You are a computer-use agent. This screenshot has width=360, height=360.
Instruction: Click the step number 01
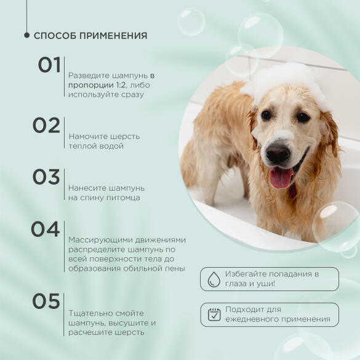coord(49,65)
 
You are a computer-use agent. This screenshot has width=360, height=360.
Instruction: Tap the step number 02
coord(46,126)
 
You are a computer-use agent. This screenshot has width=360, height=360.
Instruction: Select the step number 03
coord(46,177)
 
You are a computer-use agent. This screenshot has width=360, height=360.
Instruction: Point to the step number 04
coord(46,230)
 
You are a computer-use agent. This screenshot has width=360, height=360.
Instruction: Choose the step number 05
coord(46,302)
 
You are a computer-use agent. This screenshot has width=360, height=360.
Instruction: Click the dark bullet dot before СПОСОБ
coord(26,36)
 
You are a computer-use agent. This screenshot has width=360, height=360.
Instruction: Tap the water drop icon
coord(214,279)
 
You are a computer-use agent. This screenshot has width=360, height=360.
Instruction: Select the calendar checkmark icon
coord(214,314)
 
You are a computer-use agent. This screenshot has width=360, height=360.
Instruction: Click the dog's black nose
coord(278,153)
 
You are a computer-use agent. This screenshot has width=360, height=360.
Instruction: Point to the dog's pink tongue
coord(282,178)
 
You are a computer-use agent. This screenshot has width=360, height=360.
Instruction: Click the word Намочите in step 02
coord(87,136)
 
